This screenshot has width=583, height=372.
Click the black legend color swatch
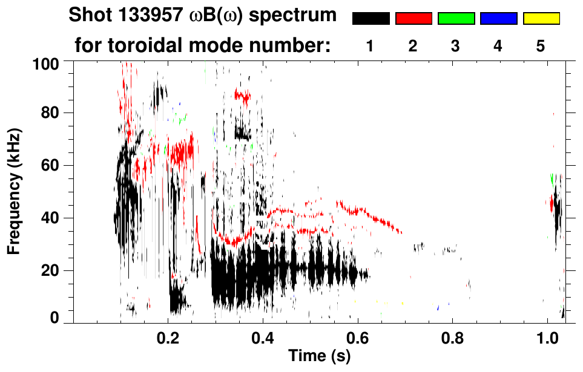pyautogui.click(x=371, y=19)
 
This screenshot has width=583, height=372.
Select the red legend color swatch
pyautogui.click(x=413, y=19)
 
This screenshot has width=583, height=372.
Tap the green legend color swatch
pyautogui.click(x=456, y=19)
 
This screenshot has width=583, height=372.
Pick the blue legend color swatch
pyautogui.click(x=498, y=19)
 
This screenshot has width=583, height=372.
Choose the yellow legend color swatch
pyautogui.click(x=541, y=19)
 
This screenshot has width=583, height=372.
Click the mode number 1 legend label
pyautogui.click(x=369, y=47)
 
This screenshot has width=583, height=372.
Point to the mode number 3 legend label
pyautogui.click(x=455, y=47)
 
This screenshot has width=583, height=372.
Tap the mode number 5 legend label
pyautogui.click(x=540, y=47)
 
